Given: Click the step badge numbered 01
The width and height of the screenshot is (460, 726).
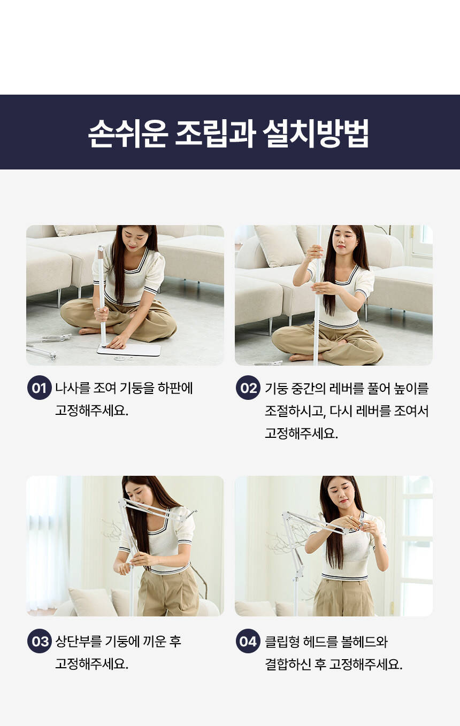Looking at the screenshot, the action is point(40,388).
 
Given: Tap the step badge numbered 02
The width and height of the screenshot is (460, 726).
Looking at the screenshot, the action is point(248,388).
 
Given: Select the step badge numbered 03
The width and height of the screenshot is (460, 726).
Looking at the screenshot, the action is point(40,641).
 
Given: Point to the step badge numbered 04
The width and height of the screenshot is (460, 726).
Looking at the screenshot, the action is point(248,641).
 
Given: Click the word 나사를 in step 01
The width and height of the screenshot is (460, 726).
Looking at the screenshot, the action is point(72,388).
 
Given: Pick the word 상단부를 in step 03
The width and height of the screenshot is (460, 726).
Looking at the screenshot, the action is point(79,641).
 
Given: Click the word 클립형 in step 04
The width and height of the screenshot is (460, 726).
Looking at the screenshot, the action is point(282,642).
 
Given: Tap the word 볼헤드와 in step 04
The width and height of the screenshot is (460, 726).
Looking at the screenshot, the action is point(360,642).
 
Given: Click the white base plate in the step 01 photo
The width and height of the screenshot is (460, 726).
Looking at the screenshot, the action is point(129,350).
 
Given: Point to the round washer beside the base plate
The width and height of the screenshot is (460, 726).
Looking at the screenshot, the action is point(119,359).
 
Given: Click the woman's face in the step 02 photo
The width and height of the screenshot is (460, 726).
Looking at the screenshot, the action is point(344,240).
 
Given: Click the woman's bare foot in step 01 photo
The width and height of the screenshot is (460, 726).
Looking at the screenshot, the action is point(90,331).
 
